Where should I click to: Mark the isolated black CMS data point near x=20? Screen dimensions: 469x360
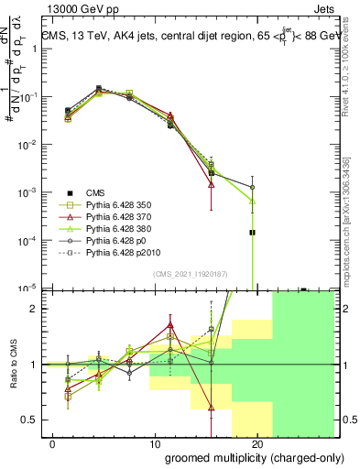click(252, 233)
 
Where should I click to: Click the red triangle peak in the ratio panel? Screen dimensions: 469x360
click(170, 323)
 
